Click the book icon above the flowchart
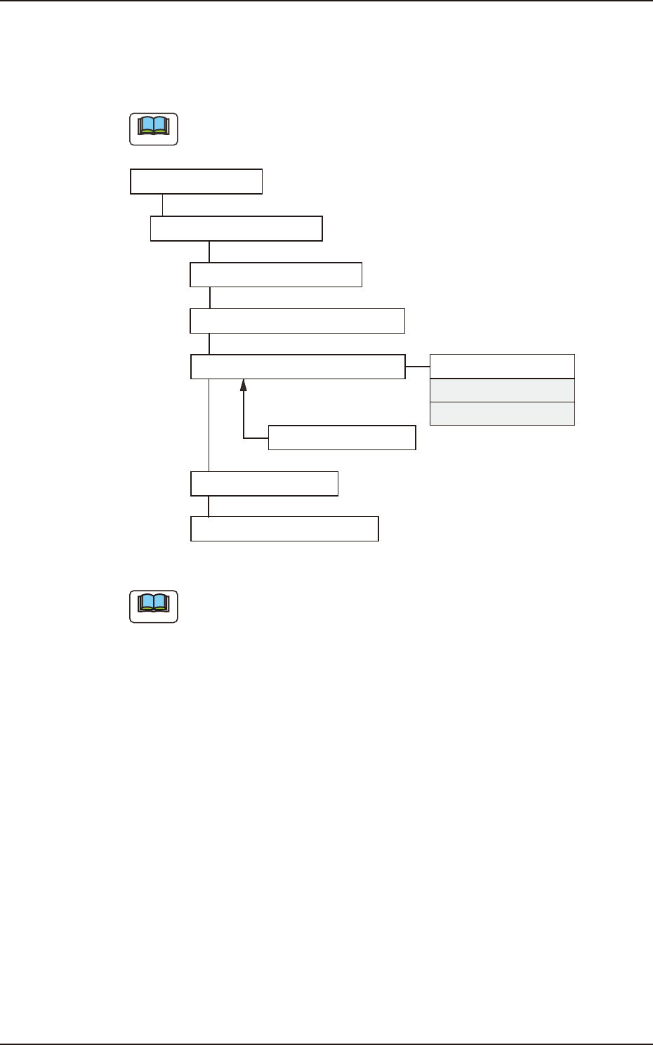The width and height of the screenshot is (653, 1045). pos(154,129)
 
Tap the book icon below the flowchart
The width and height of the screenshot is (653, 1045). pos(154,606)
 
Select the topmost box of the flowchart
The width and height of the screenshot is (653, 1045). pos(197,181)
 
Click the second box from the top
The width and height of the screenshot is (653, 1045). pos(237,229)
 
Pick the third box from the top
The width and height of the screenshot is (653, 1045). pos(276,275)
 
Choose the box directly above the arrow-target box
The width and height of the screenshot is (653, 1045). pos(298,320)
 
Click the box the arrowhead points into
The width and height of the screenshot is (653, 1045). pos(298,367)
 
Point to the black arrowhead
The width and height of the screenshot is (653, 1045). pos(244,385)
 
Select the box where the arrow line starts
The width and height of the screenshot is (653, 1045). pos(343,438)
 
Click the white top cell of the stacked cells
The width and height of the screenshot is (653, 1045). pos(502,367)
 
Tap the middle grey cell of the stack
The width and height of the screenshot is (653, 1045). pos(502,390)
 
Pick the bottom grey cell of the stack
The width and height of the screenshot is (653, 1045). pos(502,414)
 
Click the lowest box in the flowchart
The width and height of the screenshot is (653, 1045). pos(285,529)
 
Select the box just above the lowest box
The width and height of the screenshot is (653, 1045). pos(265,484)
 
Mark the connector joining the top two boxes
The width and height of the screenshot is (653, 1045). pos(163,205)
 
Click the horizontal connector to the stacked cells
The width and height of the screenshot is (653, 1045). pos(418,367)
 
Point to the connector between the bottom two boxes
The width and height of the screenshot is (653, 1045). pos(209,506)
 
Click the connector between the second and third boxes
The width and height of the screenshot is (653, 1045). pos(209,251)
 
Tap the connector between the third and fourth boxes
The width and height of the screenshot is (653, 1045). pos(209,298)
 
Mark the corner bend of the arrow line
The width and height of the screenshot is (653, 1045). pos(244,438)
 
